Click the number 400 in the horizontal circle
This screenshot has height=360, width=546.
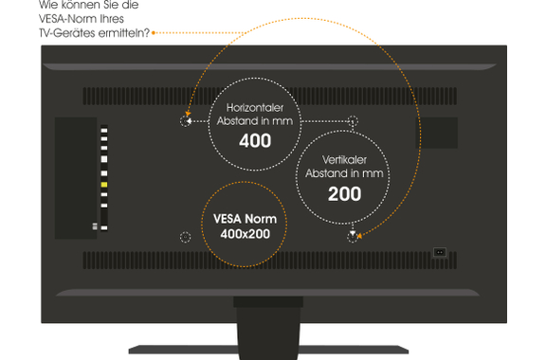click(255, 140)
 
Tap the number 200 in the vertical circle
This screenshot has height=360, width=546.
click(344, 193)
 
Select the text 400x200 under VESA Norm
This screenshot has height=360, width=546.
click(246, 234)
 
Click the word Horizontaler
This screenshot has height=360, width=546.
click(255, 108)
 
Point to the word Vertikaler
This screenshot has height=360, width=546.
click(344, 160)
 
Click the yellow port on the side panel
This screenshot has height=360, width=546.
click(104, 185)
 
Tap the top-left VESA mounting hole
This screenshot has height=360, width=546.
click(185, 121)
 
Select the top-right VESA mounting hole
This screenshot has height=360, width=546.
click(353, 121)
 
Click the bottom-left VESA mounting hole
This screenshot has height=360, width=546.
click(185, 237)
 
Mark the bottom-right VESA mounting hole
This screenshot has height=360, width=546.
click(353, 237)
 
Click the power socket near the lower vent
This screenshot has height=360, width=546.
click(440, 252)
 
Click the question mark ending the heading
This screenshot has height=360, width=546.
click(146, 33)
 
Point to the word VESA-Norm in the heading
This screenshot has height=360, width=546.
click(67, 18)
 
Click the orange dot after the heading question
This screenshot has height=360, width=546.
click(154, 33)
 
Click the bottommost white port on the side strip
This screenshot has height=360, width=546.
click(104, 228)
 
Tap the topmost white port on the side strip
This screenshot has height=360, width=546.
click(104, 131)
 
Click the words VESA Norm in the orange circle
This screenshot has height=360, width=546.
click(246, 219)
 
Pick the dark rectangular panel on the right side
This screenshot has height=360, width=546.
click(437, 133)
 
